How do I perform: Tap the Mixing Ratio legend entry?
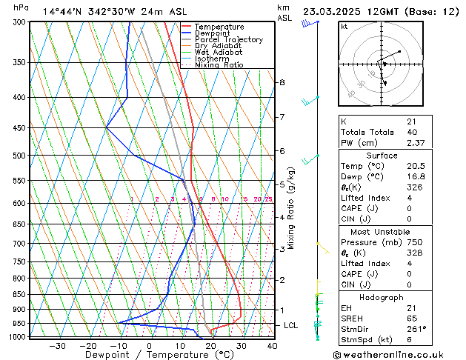[x=220, y=65]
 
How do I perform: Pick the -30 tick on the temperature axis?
[x=57, y=346]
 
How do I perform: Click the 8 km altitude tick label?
[x=282, y=82]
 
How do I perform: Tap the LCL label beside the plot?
[x=291, y=325]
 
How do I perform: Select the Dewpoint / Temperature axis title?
[x=149, y=355]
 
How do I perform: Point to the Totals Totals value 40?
[x=412, y=133]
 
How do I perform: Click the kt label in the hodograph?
[x=344, y=27]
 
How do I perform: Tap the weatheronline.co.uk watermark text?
[x=400, y=354]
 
